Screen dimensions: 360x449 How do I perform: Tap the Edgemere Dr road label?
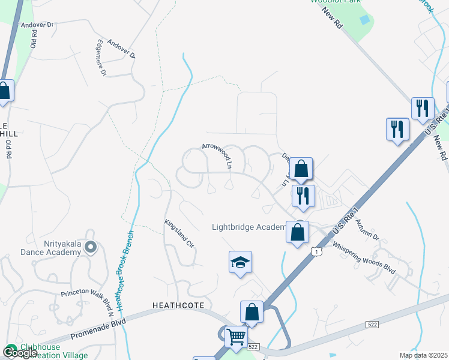(x=100, y=58)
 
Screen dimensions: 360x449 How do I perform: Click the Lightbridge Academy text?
(x=249, y=227)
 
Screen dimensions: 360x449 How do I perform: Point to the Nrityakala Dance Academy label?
(x=53, y=248)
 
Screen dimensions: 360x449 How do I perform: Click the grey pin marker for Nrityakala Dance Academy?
(x=91, y=246)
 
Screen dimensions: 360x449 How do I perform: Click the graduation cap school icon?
(x=240, y=262)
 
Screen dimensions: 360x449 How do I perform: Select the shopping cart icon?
(x=237, y=337)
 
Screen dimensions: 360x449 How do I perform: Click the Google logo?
(x=19, y=353)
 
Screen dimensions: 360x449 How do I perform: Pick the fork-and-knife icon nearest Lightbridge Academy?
(x=303, y=196)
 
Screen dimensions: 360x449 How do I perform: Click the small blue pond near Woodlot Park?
(x=364, y=20)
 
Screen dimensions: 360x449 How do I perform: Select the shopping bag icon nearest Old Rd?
(x=4, y=91)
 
